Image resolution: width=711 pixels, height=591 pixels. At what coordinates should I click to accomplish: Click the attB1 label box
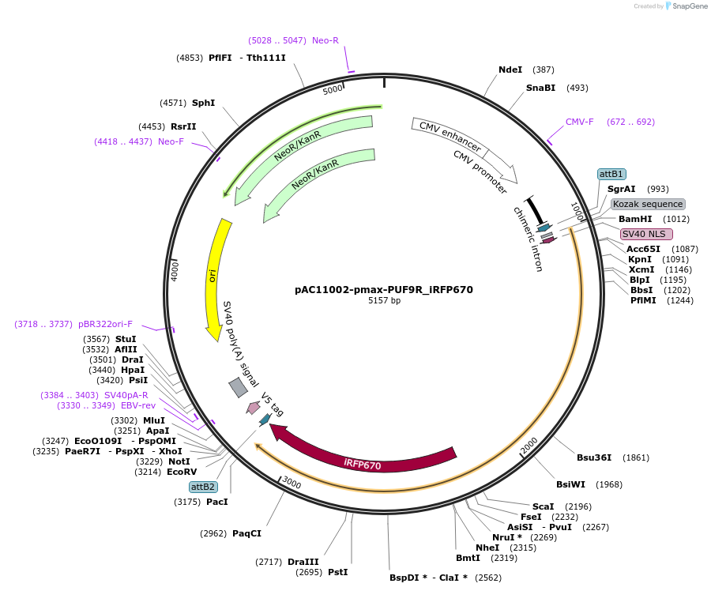[x=611, y=174]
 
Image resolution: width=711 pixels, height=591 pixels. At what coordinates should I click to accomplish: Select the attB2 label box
[x=204, y=487]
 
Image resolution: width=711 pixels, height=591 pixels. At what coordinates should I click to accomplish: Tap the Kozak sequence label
[x=648, y=204]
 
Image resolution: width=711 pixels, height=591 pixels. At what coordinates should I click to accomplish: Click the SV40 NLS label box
[x=646, y=234]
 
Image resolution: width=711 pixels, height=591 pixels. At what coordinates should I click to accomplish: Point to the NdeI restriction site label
[x=510, y=70]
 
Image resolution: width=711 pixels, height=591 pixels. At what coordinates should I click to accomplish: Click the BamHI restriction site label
[x=635, y=219]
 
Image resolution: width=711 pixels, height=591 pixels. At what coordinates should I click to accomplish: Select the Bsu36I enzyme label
[x=594, y=457]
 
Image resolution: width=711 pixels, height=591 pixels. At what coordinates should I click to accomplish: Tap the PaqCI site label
[x=246, y=533]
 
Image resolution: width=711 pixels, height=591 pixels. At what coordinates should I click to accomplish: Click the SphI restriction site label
[x=203, y=103]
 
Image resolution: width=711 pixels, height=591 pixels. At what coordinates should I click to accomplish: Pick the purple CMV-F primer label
[x=580, y=122]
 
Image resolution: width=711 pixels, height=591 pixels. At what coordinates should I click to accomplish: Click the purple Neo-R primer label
[x=325, y=40]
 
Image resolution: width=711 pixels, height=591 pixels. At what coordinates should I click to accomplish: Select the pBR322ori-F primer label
[x=105, y=324]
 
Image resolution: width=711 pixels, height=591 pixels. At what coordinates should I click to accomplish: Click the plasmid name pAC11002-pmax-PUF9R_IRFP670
[x=384, y=289]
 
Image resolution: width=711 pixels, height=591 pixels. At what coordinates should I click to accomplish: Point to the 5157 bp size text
[x=384, y=301]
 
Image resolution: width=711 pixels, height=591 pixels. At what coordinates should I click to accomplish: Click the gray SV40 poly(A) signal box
[x=238, y=387]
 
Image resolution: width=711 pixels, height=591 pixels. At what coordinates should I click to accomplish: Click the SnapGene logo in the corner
[x=684, y=6]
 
